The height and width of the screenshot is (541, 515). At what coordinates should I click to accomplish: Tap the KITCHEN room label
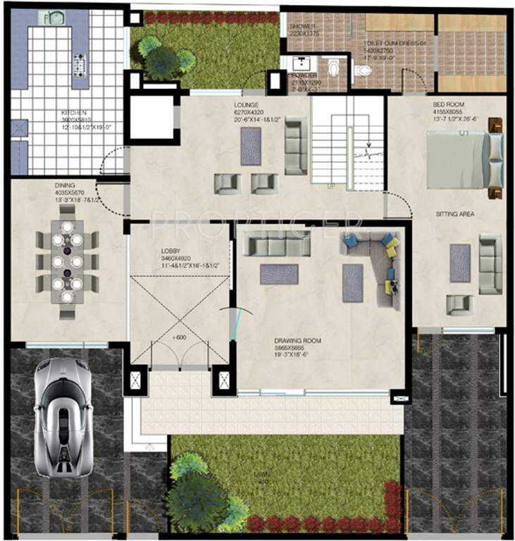click(x=73, y=113)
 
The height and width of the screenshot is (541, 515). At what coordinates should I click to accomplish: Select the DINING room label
click(x=64, y=186)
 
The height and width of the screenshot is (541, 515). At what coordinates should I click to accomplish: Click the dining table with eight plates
click(x=67, y=261)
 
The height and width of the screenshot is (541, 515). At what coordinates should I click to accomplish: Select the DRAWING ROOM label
click(x=297, y=341)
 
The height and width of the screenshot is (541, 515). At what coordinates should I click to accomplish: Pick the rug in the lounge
click(x=250, y=146)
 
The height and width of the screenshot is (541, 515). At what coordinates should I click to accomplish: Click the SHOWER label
click(x=300, y=26)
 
